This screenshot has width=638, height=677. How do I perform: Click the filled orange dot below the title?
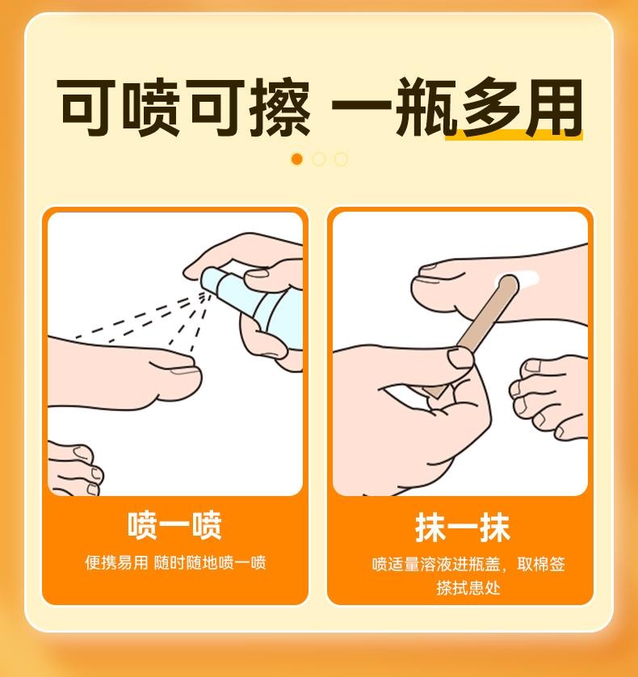coord(296,159)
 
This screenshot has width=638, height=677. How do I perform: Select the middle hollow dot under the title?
coord(319,159)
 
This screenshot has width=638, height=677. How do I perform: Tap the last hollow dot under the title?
coord(341,159)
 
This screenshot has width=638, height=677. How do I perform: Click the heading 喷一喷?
coord(174,526)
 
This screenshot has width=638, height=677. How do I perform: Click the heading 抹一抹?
coord(462,528)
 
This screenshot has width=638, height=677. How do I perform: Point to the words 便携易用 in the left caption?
coord(116,563)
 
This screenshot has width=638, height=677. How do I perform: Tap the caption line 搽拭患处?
coord(468,587)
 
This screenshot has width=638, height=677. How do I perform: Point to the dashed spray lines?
coord(145,319)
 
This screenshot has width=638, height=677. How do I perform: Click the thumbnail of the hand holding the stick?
coord(462,356)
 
